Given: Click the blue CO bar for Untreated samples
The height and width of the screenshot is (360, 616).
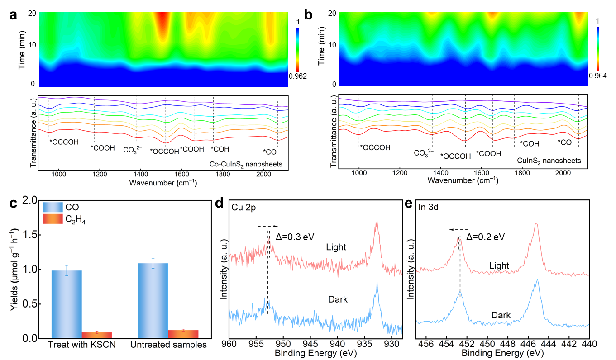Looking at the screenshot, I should [x=153, y=301].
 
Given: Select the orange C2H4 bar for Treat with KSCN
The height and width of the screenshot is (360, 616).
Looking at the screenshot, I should [x=96, y=335].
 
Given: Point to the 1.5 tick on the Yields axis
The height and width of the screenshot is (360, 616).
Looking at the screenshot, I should [x=28, y=235].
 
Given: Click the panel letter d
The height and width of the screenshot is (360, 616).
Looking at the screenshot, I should [x=220, y=204].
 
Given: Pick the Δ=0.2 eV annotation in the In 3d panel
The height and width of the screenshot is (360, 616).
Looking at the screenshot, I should [x=485, y=237].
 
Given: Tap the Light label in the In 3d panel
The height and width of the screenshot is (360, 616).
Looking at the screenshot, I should [x=499, y=265].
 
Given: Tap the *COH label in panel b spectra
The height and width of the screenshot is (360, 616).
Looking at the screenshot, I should [x=530, y=144].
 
